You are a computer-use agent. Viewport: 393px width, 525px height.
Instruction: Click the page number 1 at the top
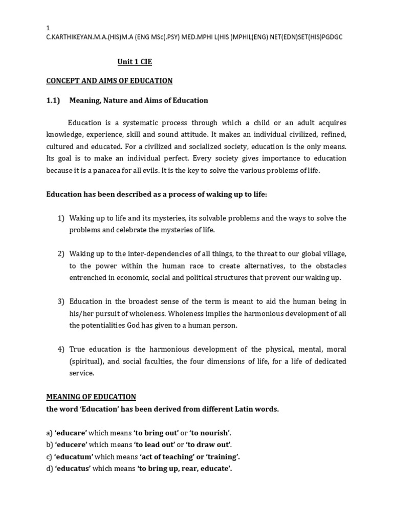click(48, 28)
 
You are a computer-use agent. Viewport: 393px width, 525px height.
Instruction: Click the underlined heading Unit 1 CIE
click(135, 62)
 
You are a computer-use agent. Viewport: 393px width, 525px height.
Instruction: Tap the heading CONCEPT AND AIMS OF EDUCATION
click(110, 81)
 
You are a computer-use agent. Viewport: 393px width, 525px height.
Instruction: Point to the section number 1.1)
click(53, 100)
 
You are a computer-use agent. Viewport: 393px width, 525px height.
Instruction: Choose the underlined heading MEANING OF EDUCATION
click(91, 397)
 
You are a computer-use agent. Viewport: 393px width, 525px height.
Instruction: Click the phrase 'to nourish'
click(209, 433)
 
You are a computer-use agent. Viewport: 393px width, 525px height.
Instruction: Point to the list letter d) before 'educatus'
click(50, 469)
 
